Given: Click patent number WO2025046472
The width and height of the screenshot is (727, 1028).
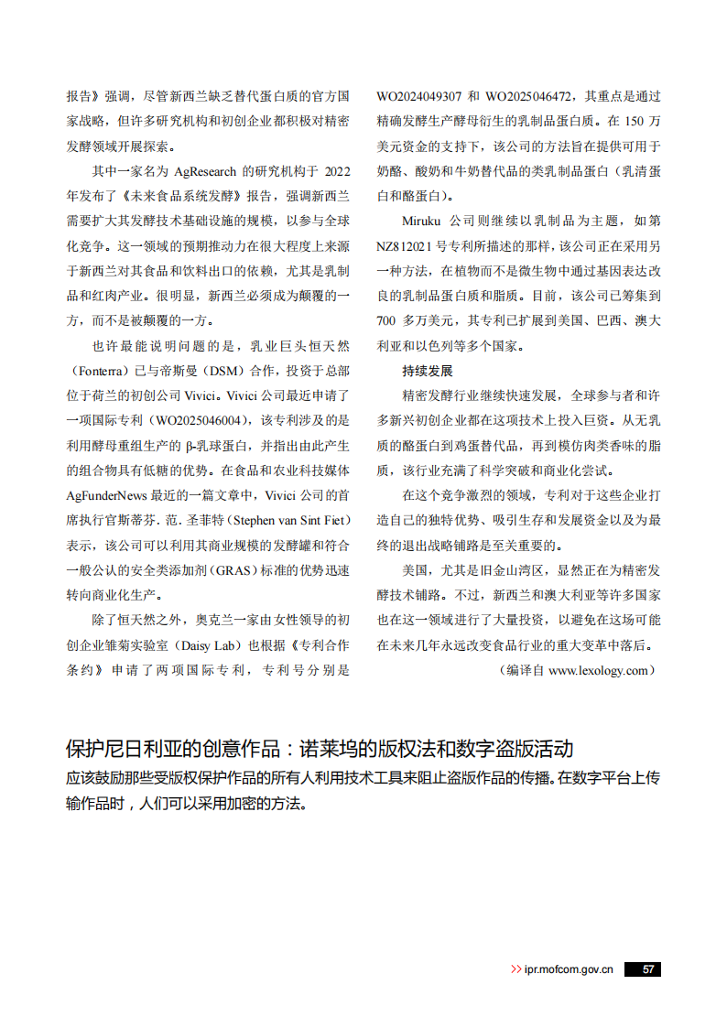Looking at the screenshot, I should [530, 96].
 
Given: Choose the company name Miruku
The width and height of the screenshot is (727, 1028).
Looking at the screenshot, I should [422, 222].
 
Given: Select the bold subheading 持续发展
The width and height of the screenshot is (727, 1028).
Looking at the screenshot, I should [427, 372].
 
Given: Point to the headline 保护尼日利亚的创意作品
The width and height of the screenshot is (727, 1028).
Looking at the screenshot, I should [172, 749].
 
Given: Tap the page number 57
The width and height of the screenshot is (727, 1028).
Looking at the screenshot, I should [647, 969].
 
